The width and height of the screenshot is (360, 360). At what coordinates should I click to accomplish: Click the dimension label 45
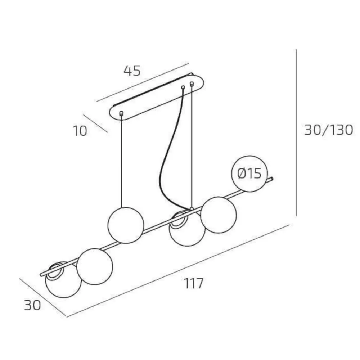pos(132,71)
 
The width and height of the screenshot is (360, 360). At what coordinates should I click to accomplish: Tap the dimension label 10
pos(80,131)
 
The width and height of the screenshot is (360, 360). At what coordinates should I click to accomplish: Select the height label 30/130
pos(329,130)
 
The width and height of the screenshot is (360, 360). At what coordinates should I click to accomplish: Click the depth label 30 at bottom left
pos(32,305)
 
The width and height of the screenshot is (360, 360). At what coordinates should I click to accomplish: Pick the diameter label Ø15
pos(249,174)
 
